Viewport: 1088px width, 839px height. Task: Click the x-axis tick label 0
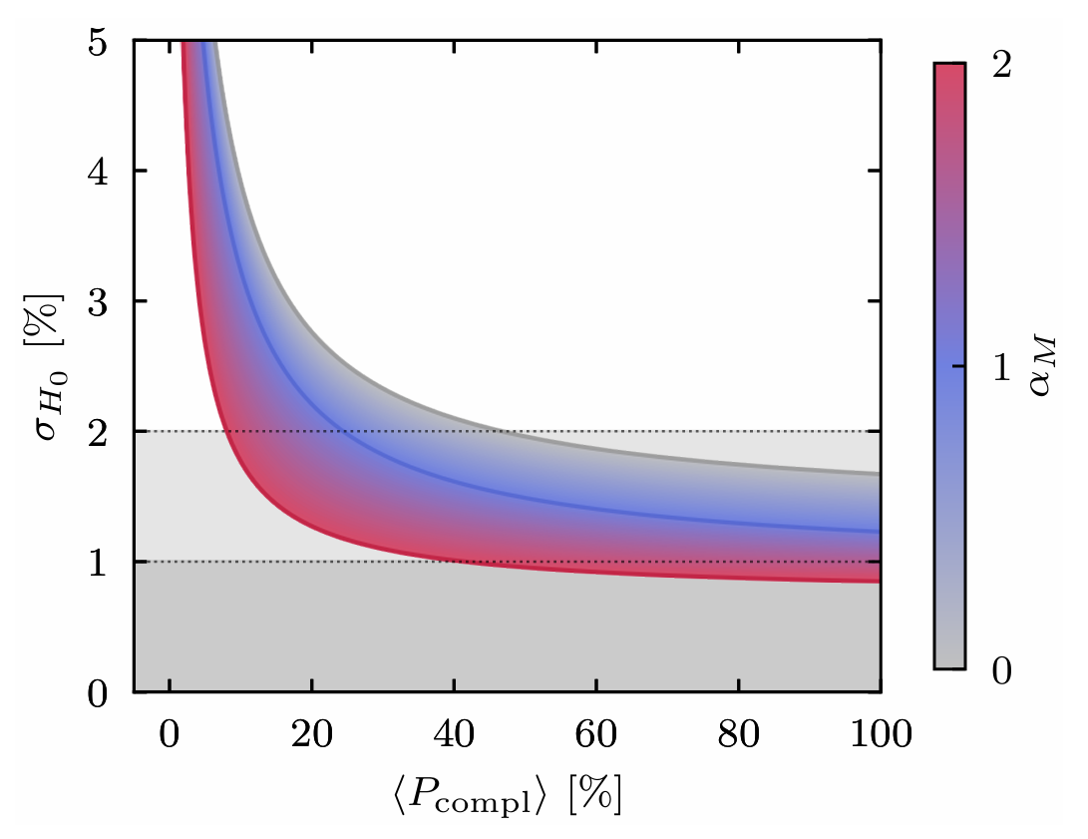[x=170, y=736]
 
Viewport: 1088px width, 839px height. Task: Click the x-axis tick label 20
[x=312, y=736]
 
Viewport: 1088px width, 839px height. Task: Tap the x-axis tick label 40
[x=454, y=736]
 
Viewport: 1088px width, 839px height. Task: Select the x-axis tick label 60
[x=595, y=736]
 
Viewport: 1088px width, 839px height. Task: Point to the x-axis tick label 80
[x=738, y=736]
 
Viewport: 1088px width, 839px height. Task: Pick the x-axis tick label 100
[x=879, y=736]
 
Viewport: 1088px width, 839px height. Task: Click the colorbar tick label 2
[x=1002, y=64]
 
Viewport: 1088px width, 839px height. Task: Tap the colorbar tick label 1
[x=1002, y=367]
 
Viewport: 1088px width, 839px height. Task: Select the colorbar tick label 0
[x=1002, y=670]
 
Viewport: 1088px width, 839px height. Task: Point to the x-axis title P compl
[x=507, y=795]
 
